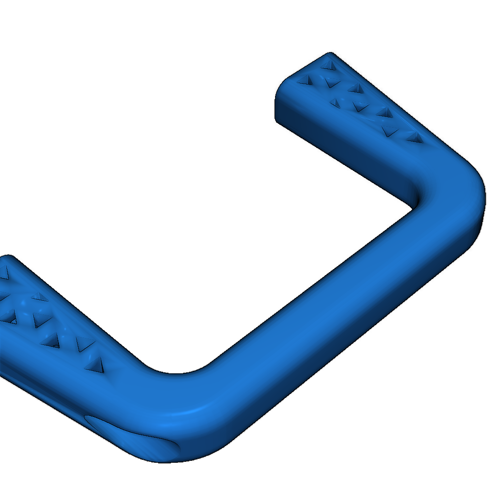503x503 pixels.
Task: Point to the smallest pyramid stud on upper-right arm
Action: (x=335, y=102)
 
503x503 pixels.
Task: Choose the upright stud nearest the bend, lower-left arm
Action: (x=93, y=363)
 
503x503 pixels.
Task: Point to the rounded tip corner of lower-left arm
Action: (x=10, y=256)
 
